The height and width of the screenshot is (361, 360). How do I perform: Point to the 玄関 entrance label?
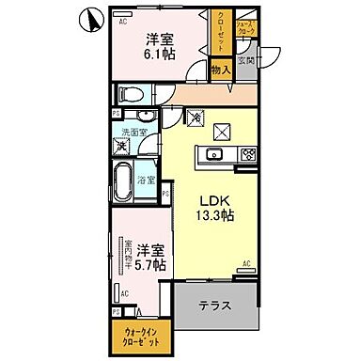click(246, 61)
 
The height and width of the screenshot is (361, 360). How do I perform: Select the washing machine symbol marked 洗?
click(120, 147)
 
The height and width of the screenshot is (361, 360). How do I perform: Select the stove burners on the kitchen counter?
click(247, 155)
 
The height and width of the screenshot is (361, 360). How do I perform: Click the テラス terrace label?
click(216, 307)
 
